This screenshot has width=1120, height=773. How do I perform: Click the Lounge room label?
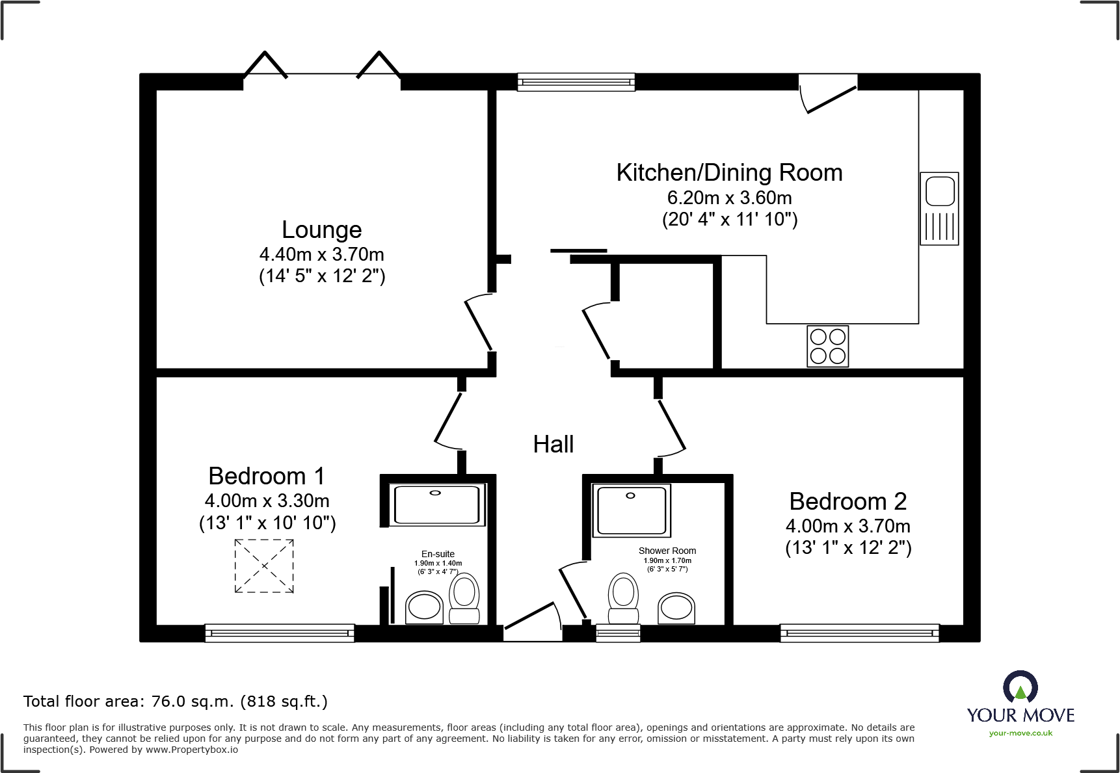click(321, 230)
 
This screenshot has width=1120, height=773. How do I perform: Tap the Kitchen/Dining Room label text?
click(729, 172)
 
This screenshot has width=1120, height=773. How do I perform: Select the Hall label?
click(553, 444)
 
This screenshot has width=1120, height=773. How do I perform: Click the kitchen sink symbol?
click(939, 209)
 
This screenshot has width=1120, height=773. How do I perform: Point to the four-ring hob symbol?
click(828, 346)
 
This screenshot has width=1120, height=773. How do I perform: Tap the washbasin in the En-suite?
click(424, 608)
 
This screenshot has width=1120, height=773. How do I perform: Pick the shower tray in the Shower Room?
click(631, 511)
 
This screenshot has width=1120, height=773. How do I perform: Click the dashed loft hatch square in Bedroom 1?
click(264, 566)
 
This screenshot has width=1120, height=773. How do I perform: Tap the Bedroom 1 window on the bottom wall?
click(280, 633)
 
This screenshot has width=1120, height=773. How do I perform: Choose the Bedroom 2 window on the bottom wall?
click(859, 633)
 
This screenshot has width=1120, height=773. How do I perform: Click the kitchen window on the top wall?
click(576, 82)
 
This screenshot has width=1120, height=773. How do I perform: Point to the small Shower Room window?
click(618, 633)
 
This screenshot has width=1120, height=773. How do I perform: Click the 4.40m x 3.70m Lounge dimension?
click(321, 254)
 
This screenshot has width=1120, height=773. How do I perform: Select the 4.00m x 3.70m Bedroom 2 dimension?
click(848, 526)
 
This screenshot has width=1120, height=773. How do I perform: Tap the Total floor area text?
click(176, 701)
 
